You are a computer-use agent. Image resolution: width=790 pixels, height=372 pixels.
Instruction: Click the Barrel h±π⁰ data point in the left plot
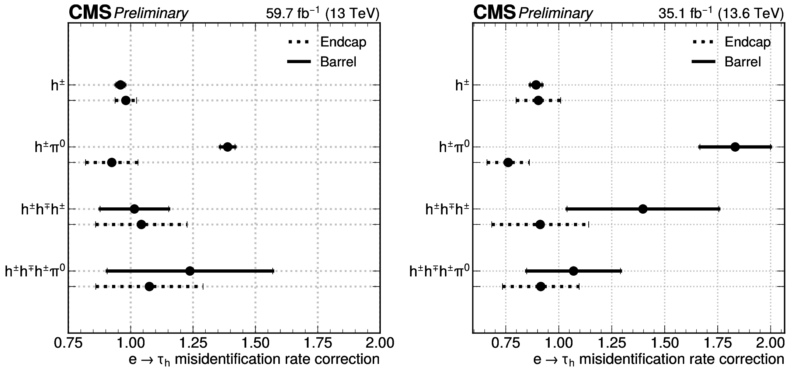coord(227,147)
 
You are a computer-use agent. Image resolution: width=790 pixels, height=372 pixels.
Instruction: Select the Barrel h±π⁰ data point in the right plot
coord(735,147)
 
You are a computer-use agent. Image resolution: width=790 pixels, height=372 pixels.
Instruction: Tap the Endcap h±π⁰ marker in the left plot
coord(112,162)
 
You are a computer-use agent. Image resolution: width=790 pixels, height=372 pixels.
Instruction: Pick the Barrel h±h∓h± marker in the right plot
coord(643,209)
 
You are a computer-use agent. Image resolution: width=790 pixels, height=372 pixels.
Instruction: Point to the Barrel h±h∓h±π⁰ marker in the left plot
coord(190,271)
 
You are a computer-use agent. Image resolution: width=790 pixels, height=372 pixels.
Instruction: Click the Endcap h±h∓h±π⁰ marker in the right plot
coord(540,286)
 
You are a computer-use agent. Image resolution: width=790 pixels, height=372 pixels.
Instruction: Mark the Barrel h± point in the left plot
coord(120,85)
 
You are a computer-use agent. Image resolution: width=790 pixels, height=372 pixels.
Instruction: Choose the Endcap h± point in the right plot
coord(538,100)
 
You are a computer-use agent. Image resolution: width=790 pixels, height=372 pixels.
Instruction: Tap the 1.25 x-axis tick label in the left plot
coord(193,343)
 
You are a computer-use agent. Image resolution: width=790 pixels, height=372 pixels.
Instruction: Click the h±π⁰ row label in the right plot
coord(454,147)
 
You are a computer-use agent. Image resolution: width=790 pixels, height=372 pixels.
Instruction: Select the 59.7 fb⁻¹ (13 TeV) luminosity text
coord(322,14)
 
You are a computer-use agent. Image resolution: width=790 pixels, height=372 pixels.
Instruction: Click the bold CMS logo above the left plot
coord(90,13)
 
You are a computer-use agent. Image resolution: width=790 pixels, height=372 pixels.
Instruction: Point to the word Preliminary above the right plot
coord(555,14)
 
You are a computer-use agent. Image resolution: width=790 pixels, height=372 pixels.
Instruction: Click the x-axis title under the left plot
coord(254,360)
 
